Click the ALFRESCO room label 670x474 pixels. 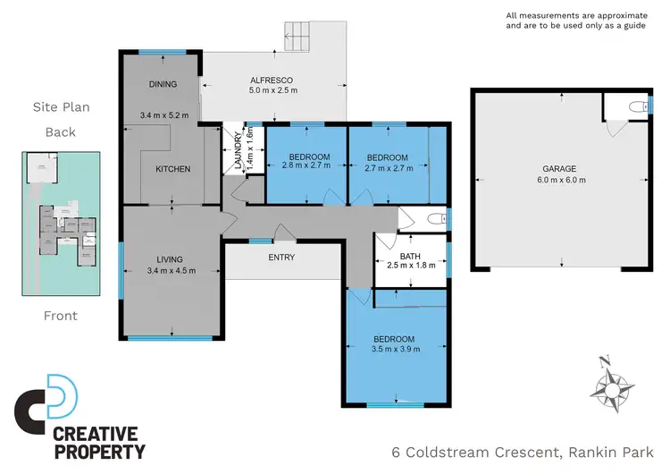273,78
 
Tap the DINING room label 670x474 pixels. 163,85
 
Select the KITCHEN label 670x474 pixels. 173,169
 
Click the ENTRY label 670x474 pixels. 281,258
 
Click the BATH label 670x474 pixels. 410,257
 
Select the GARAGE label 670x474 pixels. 559,168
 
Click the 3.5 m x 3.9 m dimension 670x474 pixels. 394,351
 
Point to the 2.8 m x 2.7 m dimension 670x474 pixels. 306,166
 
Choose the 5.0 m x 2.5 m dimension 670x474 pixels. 273,90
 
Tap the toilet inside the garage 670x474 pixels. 634,107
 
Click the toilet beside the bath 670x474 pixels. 434,219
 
